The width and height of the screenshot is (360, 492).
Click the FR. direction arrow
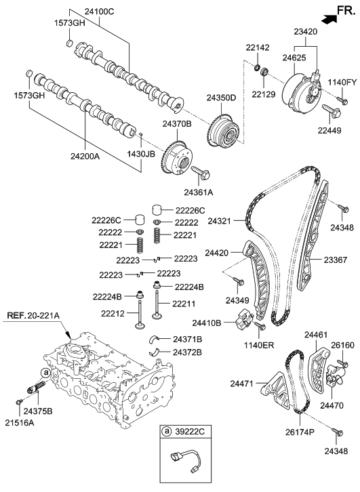pyautogui.click(x=327, y=18)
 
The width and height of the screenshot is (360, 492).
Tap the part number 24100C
pyautogui.click(x=100, y=12)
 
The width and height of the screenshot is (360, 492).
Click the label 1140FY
pyautogui.click(x=342, y=82)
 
